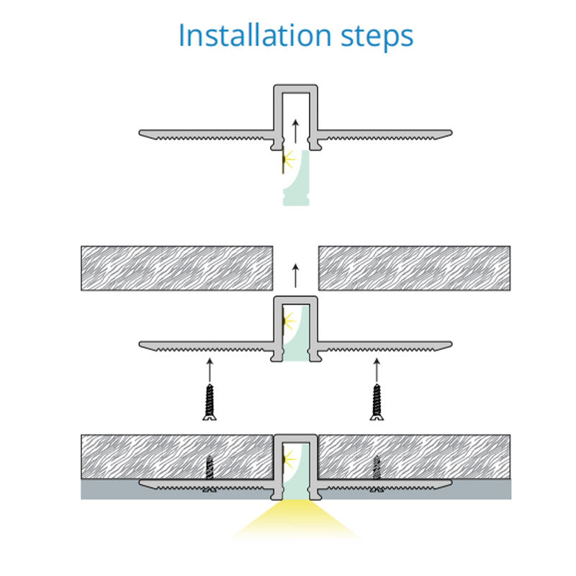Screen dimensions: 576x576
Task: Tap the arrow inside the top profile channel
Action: tap(295, 132)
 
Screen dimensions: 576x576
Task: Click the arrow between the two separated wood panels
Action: tap(295, 275)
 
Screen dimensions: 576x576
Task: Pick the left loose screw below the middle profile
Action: tap(210, 402)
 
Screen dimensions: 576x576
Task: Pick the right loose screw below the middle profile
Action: tap(376, 402)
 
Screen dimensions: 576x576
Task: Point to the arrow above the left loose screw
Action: tap(210, 369)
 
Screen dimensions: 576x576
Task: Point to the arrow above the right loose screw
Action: tap(376, 369)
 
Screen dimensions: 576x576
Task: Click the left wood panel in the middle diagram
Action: tap(176, 269)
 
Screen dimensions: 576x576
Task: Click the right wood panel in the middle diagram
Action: tap(414, 269)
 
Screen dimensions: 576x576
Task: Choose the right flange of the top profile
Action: tap(385, 133)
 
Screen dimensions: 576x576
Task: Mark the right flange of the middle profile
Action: tap(385, 344)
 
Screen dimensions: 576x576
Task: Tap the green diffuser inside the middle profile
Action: tap(297, 335)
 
